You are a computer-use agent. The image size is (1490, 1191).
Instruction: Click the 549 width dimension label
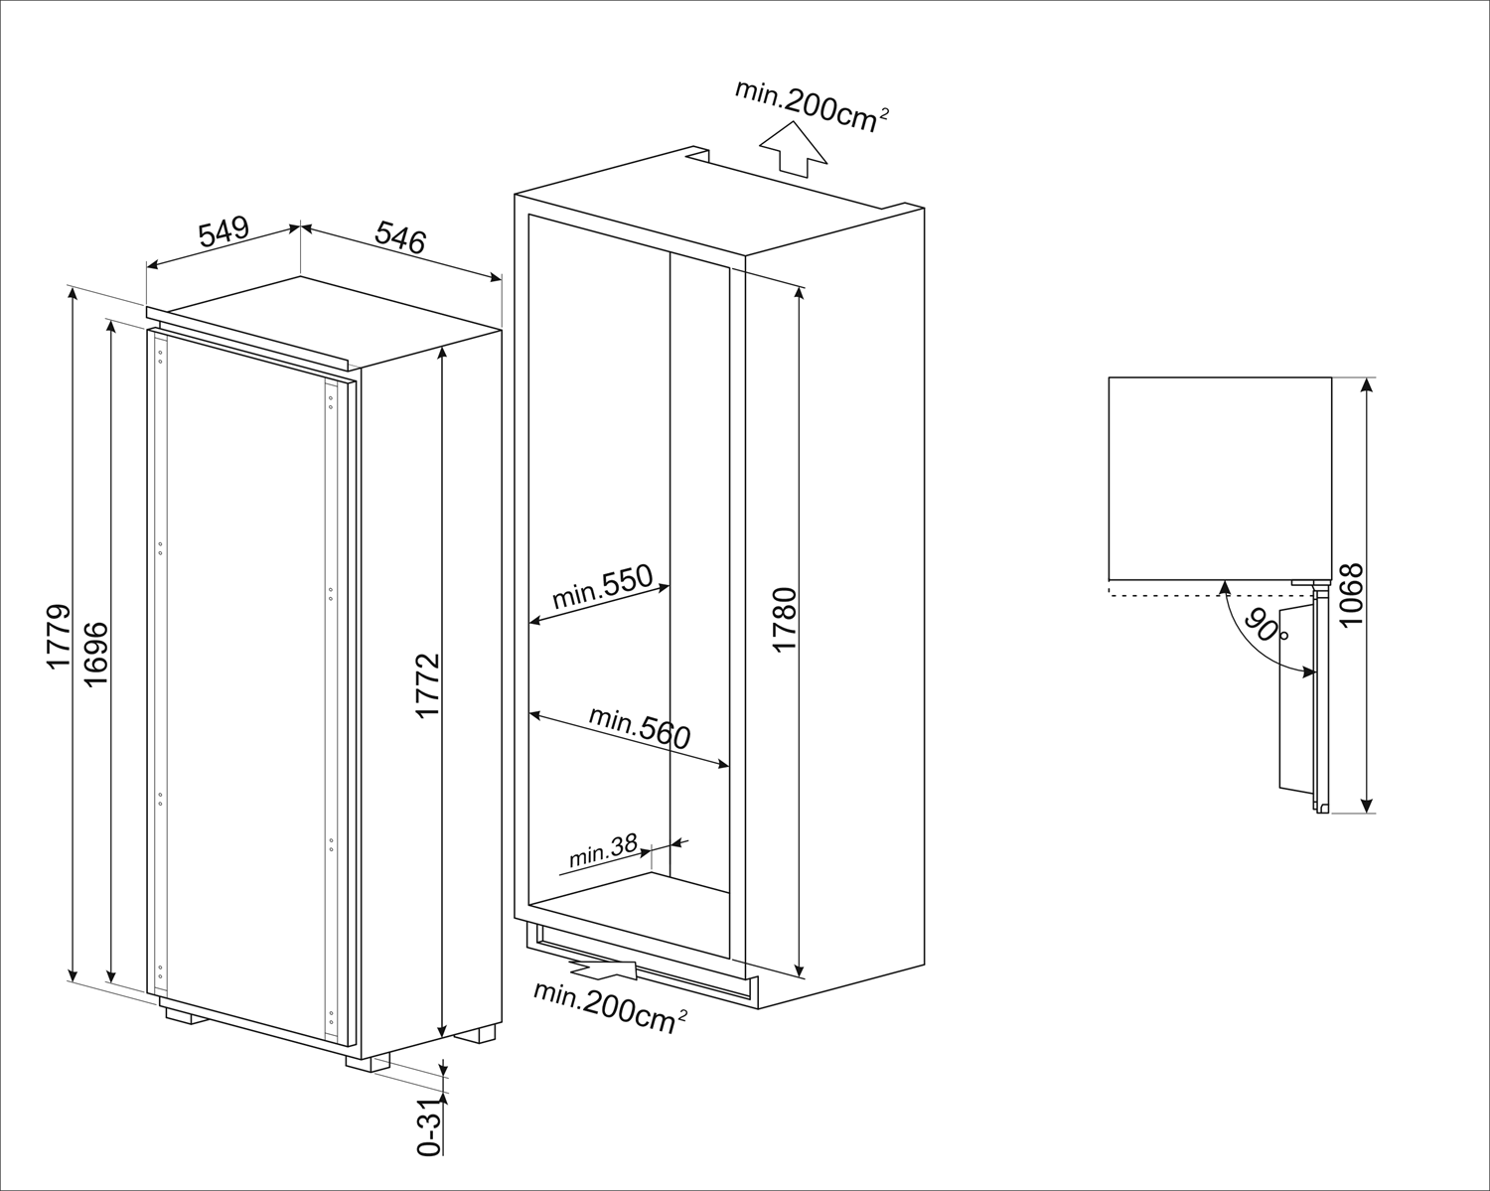point(223,233)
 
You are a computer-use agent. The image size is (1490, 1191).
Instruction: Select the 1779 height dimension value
point(58,636)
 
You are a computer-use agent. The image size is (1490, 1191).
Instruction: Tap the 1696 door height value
point(95,654)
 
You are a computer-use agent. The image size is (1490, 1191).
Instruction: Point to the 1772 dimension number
point(427,685)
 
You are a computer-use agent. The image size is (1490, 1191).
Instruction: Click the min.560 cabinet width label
point(639,727)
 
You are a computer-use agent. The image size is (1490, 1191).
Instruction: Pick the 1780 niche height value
point(785,620)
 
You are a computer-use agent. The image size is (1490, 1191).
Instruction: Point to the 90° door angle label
point(1268,629)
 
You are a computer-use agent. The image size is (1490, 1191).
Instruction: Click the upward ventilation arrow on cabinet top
point(793,149)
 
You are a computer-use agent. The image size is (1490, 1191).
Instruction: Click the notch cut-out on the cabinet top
point(697,154)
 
